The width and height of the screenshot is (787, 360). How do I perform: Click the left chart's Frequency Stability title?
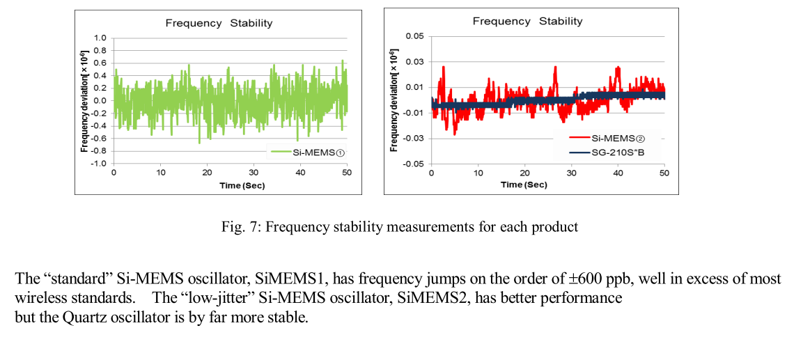pyautogui.click(x=219, y=23)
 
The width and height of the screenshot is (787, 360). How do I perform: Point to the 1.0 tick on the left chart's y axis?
pyautogui.click(x=100, y=38)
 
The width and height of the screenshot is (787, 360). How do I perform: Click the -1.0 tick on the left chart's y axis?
pyautogui.click(x=98, y=163)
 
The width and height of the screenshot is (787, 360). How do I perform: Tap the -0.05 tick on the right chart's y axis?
pyautogui.click(x=412, y=164)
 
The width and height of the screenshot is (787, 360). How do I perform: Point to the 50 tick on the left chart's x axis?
pyautogui.click(x=347, y=173)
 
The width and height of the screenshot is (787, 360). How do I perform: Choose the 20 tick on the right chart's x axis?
pyautogui.click(x=524, y=173)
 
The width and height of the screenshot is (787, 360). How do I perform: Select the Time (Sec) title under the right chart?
pyautogui.click(x=524, y=185)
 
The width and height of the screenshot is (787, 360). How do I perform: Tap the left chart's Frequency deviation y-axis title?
pyautogui.click(x=84, y=102)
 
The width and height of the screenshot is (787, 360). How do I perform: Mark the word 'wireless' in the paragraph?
pyautogui.click(x=40, y=299)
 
